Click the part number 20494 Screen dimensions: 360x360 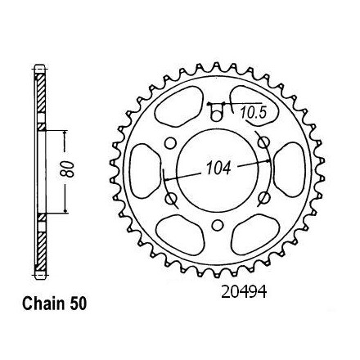244,292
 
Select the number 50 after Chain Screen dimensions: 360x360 79,304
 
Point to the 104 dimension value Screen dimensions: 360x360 218,168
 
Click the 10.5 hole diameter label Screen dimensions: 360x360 253,113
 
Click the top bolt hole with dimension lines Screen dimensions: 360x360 217,115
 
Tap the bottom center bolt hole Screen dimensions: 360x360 217,225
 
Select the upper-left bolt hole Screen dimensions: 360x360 170,142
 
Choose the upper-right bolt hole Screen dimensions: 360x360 263,142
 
